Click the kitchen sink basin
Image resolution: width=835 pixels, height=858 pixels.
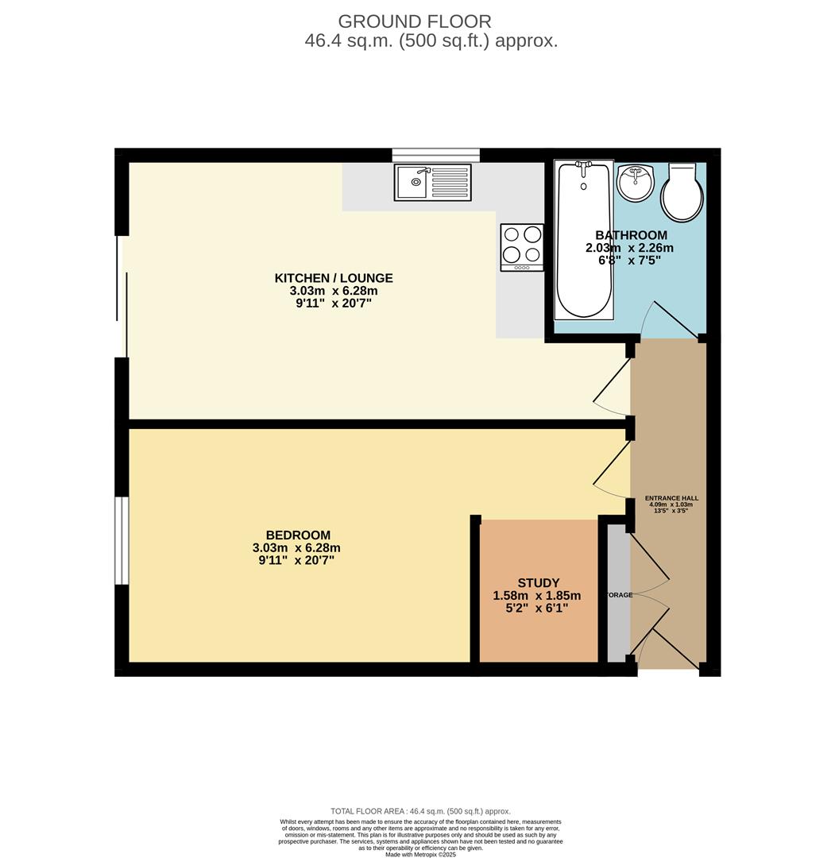[416, 183]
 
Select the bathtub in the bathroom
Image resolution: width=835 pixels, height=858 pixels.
[584, 239]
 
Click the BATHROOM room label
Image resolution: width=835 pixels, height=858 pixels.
[631, 235]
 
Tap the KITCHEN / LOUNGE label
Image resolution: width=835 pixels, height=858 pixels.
[334, 278]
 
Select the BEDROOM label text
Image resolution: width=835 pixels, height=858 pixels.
[298, 535]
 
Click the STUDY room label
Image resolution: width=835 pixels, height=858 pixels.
[538, 582]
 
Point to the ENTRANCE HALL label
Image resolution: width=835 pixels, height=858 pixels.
[671, 498]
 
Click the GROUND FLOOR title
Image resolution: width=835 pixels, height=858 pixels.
[414, 21]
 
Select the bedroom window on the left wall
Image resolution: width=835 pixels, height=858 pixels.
[121, 540]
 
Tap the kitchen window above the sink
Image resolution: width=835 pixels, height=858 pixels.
[435, 155]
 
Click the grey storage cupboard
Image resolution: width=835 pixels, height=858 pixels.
[617, 593]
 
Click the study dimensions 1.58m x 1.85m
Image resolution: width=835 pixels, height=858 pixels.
[536, 596]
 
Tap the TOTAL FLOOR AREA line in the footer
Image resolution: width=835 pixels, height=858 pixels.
[420, 811]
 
